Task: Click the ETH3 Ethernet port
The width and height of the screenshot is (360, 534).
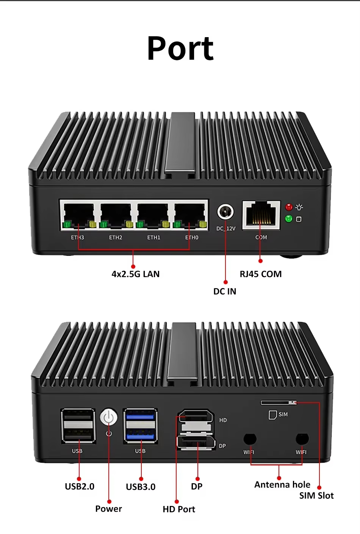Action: [79, 215]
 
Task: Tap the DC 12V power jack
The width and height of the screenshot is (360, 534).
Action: [225, 211]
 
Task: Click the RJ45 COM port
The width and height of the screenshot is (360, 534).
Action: [261, 215]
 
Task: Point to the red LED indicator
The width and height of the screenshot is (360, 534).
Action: [289, 207]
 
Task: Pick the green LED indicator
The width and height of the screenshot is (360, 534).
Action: [289, 219]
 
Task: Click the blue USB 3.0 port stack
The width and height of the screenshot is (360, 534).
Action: [140, 426]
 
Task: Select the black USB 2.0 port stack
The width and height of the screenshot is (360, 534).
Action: [78, 426]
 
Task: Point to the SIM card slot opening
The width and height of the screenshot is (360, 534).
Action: [279, 402]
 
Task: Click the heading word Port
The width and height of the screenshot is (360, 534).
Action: [180, 49]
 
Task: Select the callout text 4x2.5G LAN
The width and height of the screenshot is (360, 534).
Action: [135, 274]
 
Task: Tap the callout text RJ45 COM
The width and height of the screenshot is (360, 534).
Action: [261, 274]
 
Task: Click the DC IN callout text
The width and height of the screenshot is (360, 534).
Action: [225, 291]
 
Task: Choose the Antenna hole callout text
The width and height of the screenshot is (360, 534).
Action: [282, 485]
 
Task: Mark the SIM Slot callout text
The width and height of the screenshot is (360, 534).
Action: [316, 496]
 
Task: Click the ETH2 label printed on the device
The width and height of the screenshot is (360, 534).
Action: [116, 237]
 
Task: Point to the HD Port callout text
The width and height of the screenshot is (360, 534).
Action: [179, 509]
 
